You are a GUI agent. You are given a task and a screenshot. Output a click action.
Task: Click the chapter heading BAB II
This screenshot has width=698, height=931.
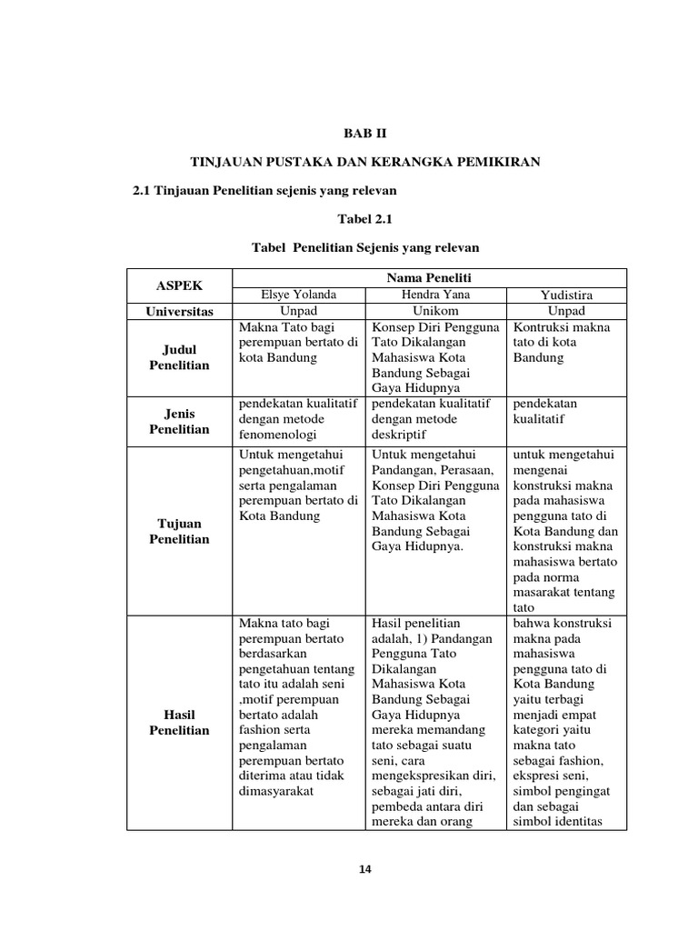pos(364,133)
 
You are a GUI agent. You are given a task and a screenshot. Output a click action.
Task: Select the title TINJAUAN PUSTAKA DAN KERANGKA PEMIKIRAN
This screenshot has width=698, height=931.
pos(364,162)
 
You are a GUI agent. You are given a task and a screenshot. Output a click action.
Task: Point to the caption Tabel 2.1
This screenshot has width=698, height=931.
pos(364,219)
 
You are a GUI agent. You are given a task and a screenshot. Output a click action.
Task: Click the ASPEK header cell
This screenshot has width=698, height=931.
pos(180,285)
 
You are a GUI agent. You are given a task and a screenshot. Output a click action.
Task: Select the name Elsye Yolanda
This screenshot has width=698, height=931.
pos(298,294)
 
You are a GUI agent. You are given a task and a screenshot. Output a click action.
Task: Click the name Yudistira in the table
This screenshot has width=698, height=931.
pos(567,294)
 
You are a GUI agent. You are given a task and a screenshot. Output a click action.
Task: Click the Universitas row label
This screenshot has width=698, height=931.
pos(180,311)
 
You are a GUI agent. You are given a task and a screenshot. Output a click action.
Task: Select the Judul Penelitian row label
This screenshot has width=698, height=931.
pos(180,357)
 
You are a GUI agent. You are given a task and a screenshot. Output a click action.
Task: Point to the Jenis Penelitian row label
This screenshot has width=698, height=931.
pos(180,420)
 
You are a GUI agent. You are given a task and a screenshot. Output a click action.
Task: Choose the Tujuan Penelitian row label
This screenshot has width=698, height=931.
pos(180,531)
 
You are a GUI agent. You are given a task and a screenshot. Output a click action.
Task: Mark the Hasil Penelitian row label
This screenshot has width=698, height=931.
pos(180,723)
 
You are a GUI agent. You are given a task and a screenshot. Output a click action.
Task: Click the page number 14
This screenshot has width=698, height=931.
pos(365,869)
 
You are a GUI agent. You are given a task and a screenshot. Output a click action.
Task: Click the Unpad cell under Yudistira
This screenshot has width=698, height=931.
pos(567,310)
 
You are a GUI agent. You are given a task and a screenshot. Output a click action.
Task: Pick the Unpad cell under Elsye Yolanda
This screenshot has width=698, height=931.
pos(298,310)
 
